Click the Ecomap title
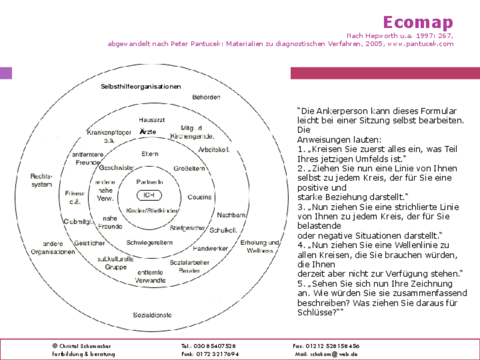(x=418, y=22)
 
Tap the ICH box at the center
(x=149, y=195)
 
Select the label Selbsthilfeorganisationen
(x=140, y=86)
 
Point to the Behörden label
(x=206, y=97)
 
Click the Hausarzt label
(x=152, y=120)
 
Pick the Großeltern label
(x=189, y=169)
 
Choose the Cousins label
(x=199, y=197)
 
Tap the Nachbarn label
(x=231, y=215)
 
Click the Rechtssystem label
(x=41, y=180)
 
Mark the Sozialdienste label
(x=152, y=315)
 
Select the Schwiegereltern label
(x=149, y=243)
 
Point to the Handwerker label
(x=210, y=248)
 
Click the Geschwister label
(x=117, y=168)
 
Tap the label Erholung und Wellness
(x=260, y=247)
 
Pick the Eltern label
(x=150, y=154)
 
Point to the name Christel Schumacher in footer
(x=85, y=346)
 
